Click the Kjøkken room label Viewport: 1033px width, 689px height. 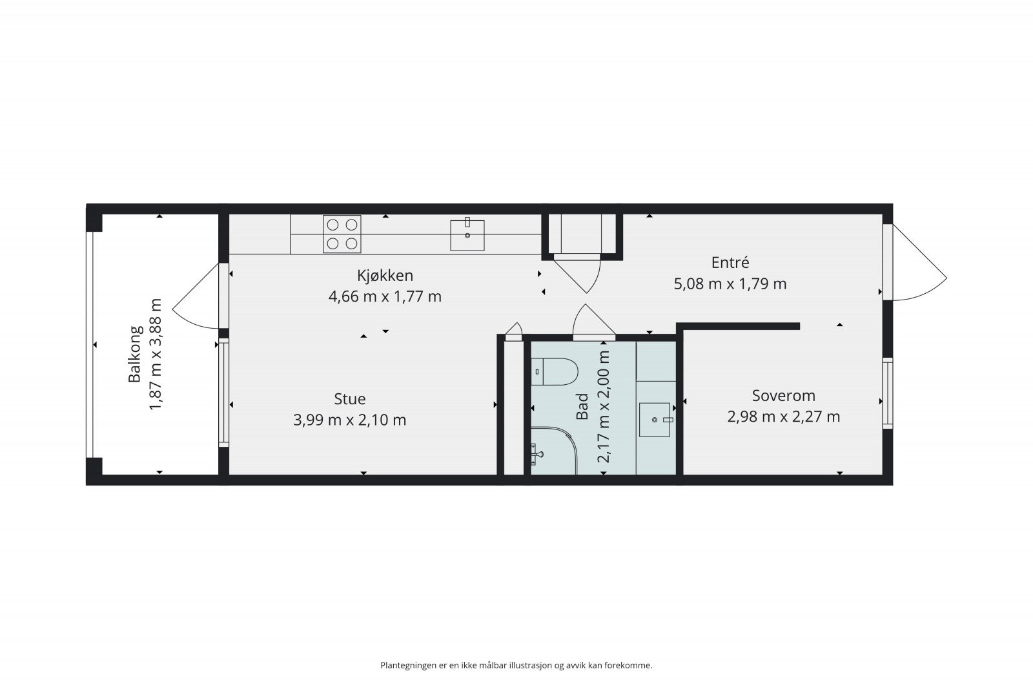coord(385,276)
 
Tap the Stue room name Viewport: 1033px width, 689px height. coord(349,399)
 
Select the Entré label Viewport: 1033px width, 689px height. coord(730,262)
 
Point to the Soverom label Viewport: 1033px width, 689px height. coord(784,396)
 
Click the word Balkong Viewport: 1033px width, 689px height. coord(135,354)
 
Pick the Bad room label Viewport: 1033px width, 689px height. coord(582,406)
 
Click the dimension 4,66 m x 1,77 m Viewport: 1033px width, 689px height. coord(385,296)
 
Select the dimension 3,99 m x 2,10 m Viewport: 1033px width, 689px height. coord(349,420)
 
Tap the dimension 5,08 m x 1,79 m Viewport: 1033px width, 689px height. coord(730,283)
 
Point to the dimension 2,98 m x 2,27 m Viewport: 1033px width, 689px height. coord(784,417)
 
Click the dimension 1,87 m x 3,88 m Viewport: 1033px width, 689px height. coord(156,354)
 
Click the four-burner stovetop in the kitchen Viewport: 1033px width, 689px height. coord(342,234)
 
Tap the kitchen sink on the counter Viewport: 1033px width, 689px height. coord(467,235)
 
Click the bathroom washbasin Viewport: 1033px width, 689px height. coord(655,420)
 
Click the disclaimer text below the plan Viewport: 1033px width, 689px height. coord(516,666)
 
